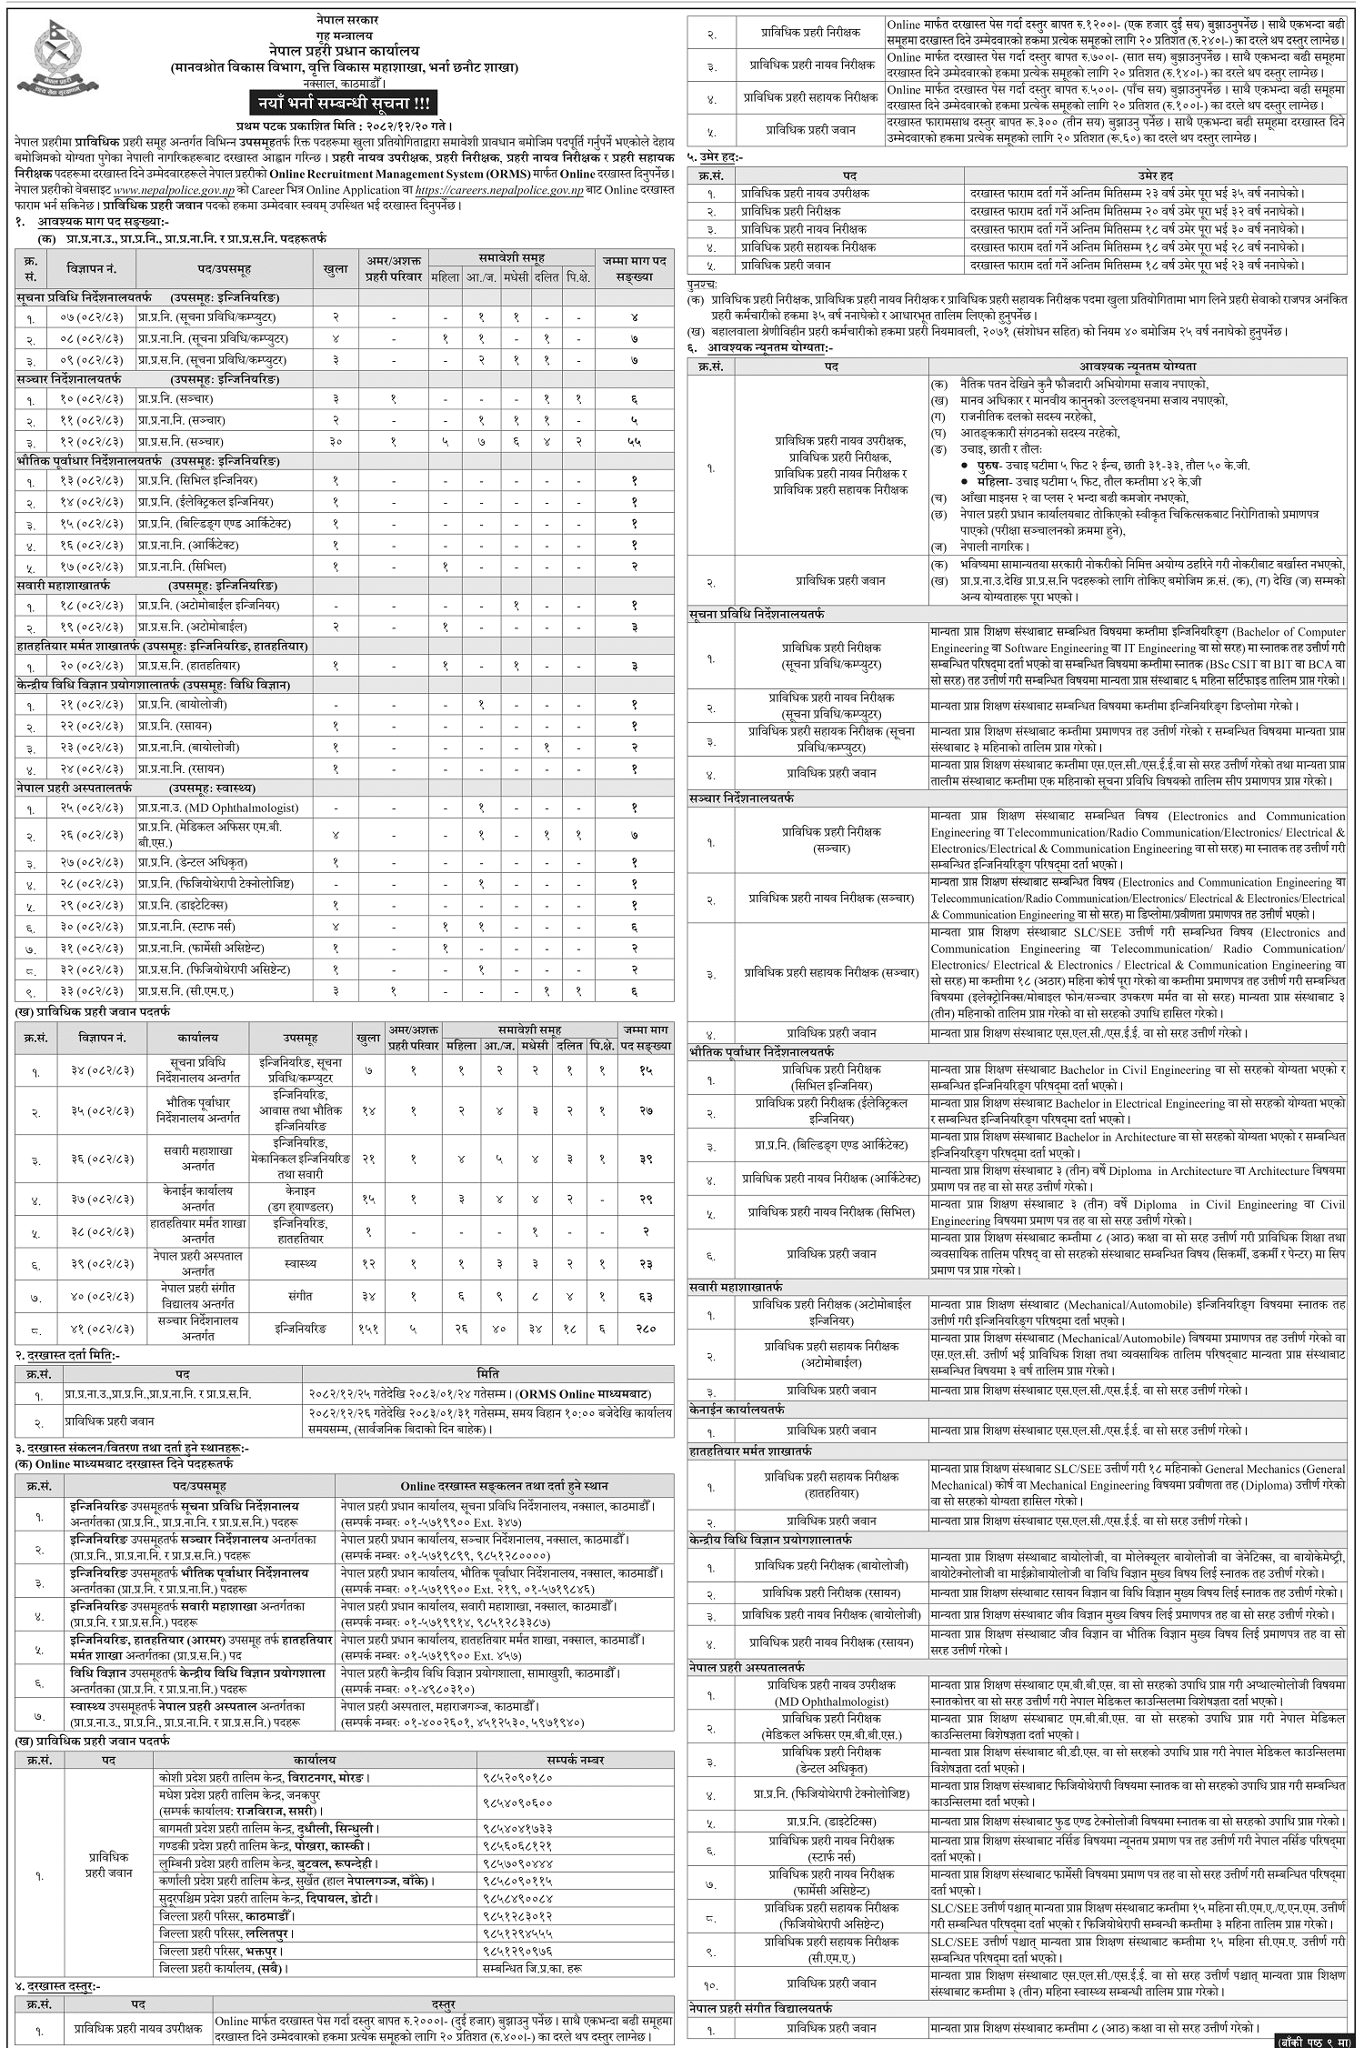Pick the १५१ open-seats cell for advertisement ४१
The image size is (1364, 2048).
pyautogui.click(x=367, y=1329)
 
